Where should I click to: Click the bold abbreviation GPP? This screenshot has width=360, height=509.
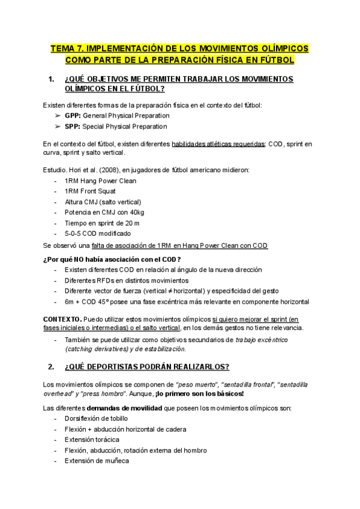(x=73, y=115)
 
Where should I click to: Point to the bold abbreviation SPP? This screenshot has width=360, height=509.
(x=73, y=127)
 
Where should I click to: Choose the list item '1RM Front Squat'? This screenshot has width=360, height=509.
(x=91, y=191)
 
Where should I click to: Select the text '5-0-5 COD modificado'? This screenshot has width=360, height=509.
(x=98, y=233)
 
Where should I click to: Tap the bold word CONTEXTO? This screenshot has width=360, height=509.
(x=62, y=318)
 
